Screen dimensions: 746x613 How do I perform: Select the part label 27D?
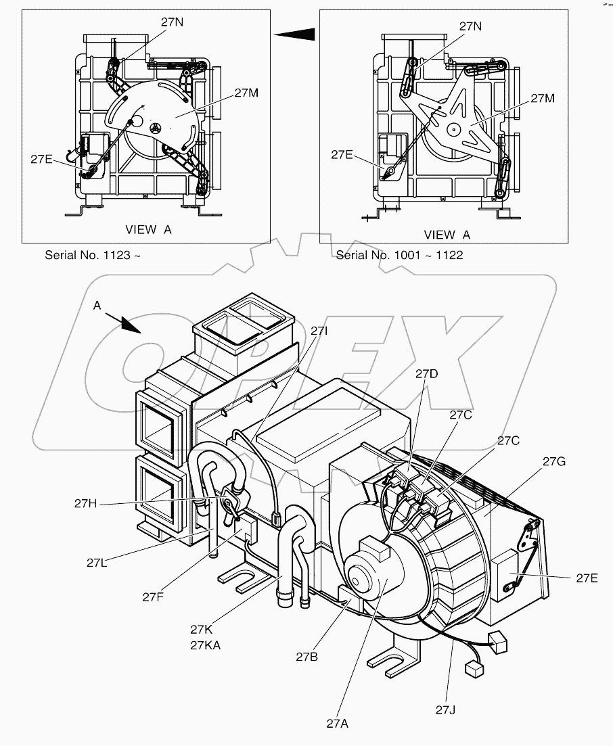(x=427, y=373)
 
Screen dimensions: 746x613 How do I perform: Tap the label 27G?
(x=554, y=461)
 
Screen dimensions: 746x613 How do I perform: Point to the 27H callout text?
(x=87, y=503)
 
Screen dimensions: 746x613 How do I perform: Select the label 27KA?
(x=204, y=645)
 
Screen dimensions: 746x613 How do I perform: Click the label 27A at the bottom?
(x=337, y=723)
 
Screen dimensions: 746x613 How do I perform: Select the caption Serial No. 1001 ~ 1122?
(x=399, y=256)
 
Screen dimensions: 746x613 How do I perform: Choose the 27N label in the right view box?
(x=470, y=26)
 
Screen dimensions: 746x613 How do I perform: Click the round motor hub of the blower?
(x=361, y=574)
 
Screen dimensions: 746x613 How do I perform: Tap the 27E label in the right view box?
(x=342, y=155)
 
